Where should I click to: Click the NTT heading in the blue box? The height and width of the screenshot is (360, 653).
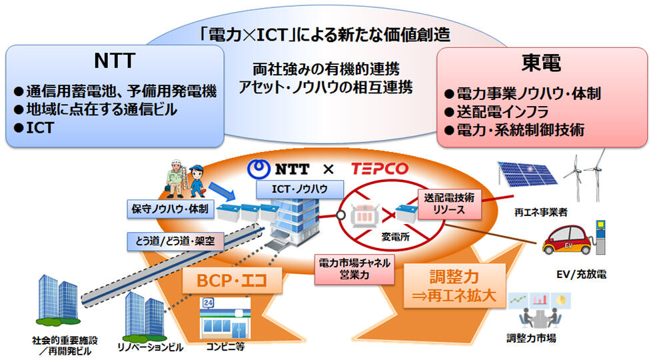coord(115,61)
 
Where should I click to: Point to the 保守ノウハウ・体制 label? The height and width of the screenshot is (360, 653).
coord(170,210)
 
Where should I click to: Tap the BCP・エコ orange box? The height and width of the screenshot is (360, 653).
coord(231,281)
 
